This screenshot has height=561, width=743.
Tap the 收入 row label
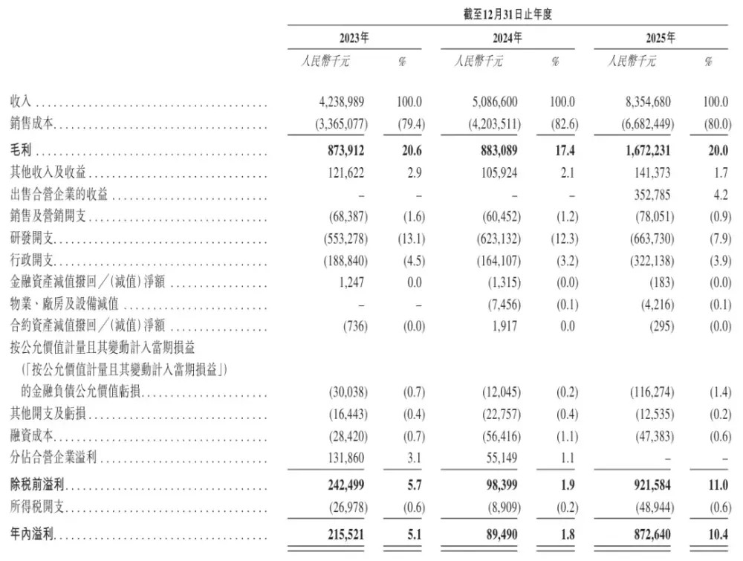point(20,103)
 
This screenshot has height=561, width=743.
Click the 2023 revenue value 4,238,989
point(339,103)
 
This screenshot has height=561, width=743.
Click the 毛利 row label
point(20,152)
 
